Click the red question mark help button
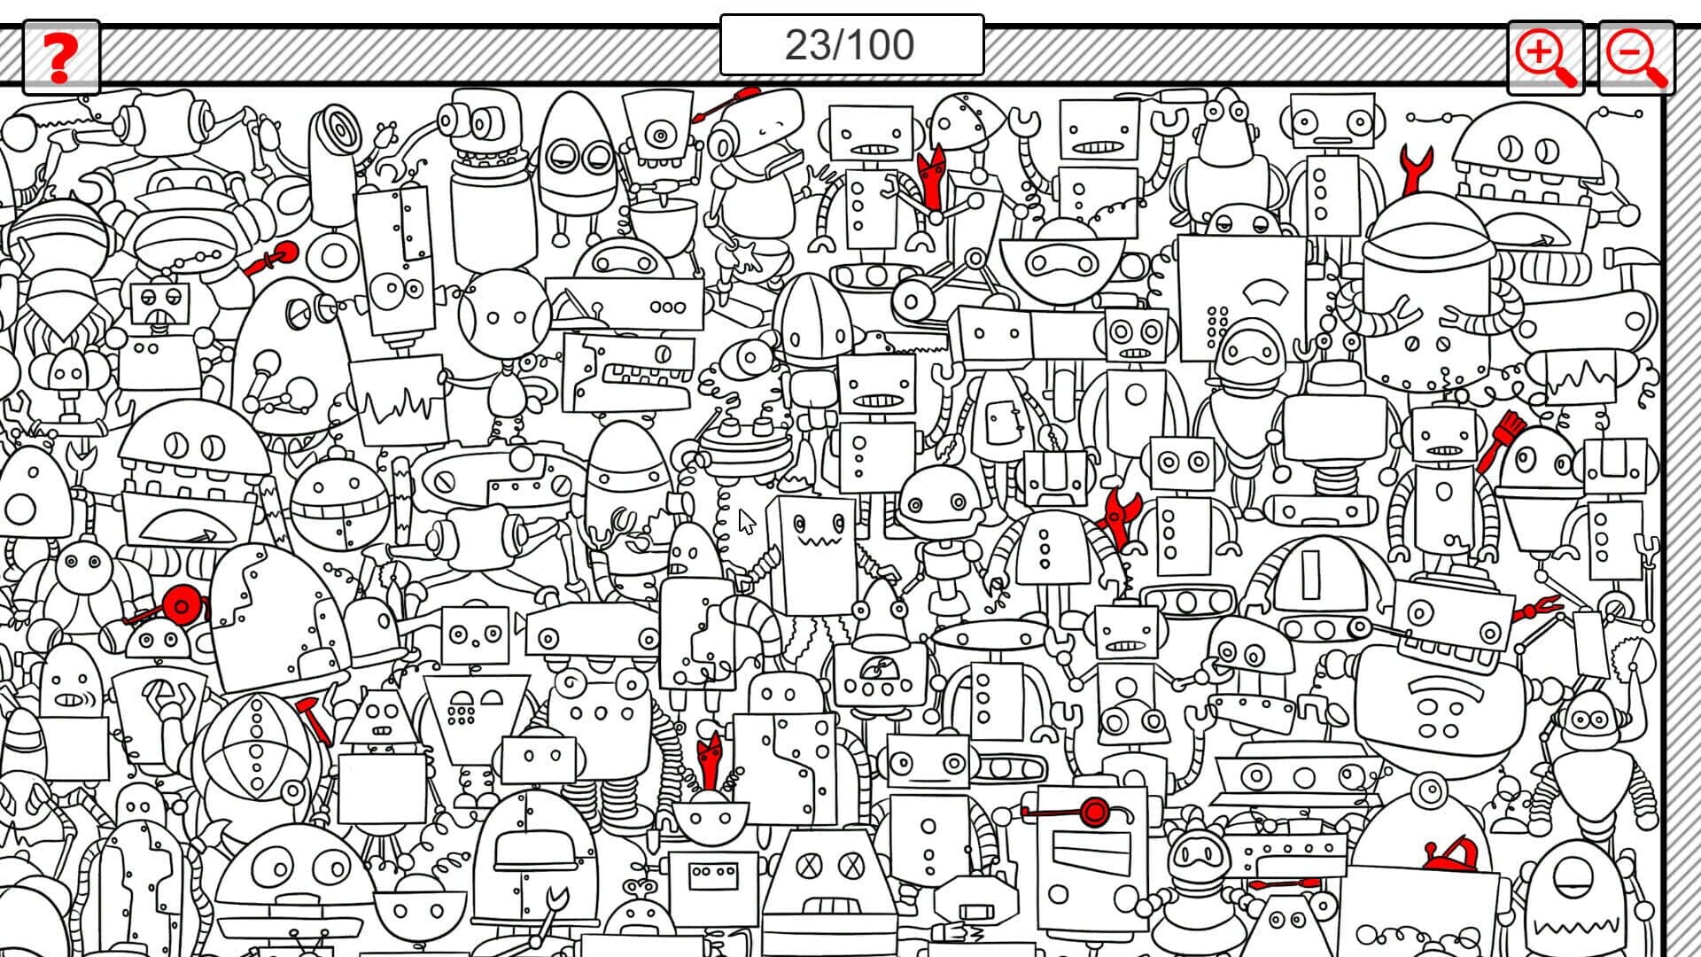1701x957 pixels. tap(60, 58)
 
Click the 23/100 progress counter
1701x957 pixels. tap(851, 45)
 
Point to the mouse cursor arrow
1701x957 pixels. tap(747, 522)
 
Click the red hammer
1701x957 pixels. tap(314, 718)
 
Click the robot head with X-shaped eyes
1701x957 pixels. tap(829, 865)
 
